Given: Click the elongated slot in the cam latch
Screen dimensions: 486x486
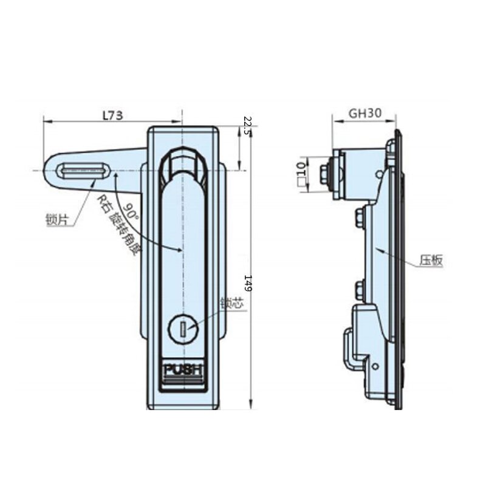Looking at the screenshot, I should tap(78, 171).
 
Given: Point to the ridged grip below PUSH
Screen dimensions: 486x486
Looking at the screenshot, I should tap(183, 382).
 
